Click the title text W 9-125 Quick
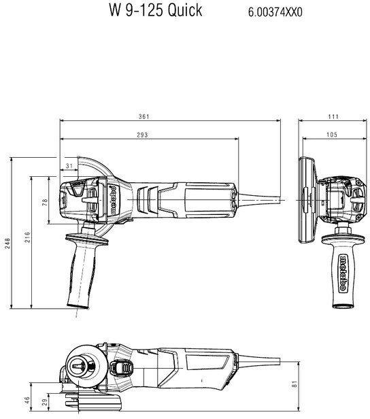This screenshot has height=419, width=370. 155,10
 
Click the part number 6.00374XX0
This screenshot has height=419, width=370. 275,12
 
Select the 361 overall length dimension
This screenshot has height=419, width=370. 144,116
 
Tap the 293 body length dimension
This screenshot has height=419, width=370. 142,135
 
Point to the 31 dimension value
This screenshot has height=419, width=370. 69,166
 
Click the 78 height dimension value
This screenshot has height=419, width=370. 45,202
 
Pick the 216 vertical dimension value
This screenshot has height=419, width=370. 27,237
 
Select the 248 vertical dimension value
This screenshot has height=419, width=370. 7,244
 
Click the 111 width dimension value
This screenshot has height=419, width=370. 333,116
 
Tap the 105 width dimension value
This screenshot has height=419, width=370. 332,135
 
